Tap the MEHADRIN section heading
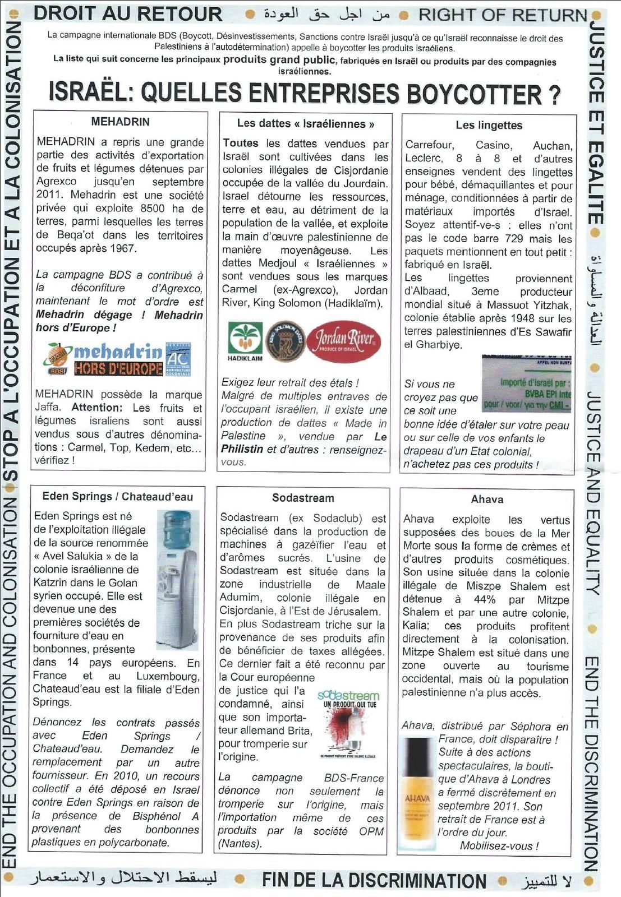point(120,122)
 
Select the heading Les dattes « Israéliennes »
point(306,123)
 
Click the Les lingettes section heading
point(489,125)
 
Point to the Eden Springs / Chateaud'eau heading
point(117,496)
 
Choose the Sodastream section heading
point(303,498)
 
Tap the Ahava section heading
point(487,499)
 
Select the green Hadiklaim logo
point(245,340)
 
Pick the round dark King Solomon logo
point(285,340)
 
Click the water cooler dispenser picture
point(177,577)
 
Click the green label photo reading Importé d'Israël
point(526,384)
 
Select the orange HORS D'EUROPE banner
point(118,368)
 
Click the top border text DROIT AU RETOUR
point(128,13)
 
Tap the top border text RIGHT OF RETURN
point(503,15)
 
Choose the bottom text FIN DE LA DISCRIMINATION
point(374,880)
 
